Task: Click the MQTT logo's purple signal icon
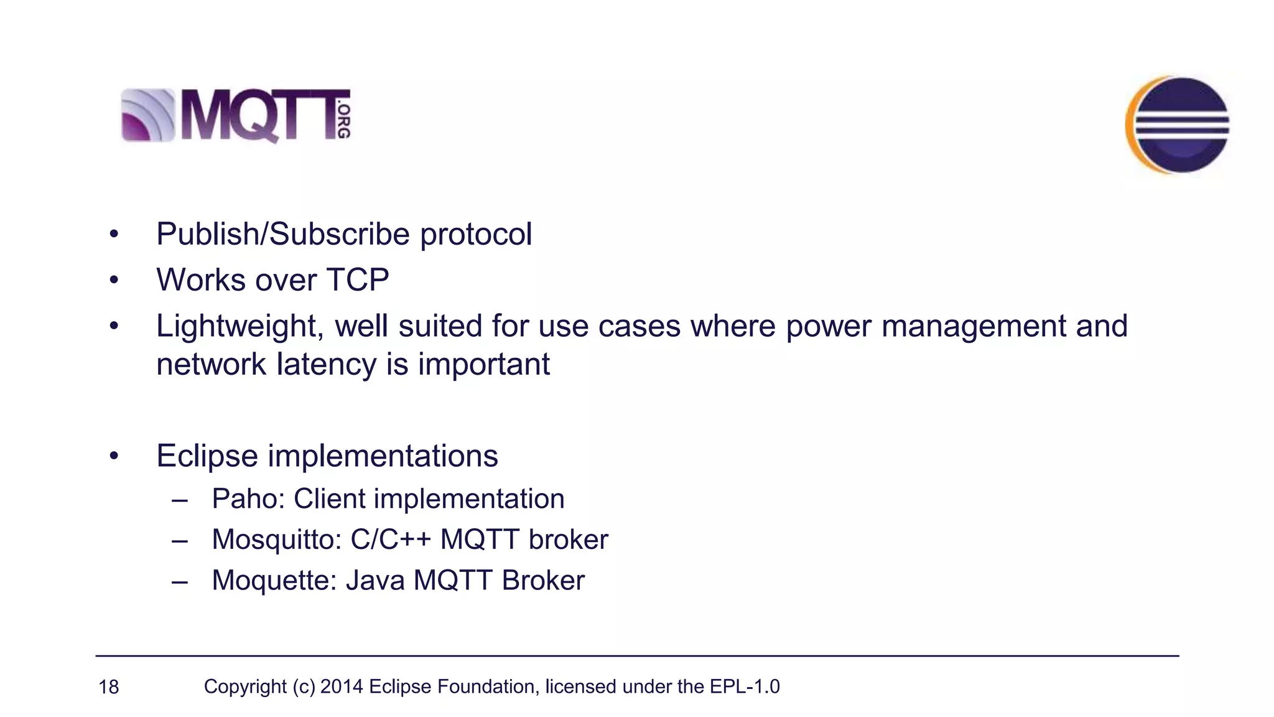pyautogui.click(x=148, y=115)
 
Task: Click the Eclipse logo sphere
pyautogui.click(x=1178, y=124)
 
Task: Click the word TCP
pyautogui.click(x=358, y=280)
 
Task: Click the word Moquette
pyautogui.click(x=274, y=581)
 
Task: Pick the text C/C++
pyautogui.click(x=391, y=540)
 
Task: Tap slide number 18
pyautogui.click(x=109, y=687)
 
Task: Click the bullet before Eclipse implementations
pyautogui.click(x=113, y=457)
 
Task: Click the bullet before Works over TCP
pyautogui.click(x=113, y=281)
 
